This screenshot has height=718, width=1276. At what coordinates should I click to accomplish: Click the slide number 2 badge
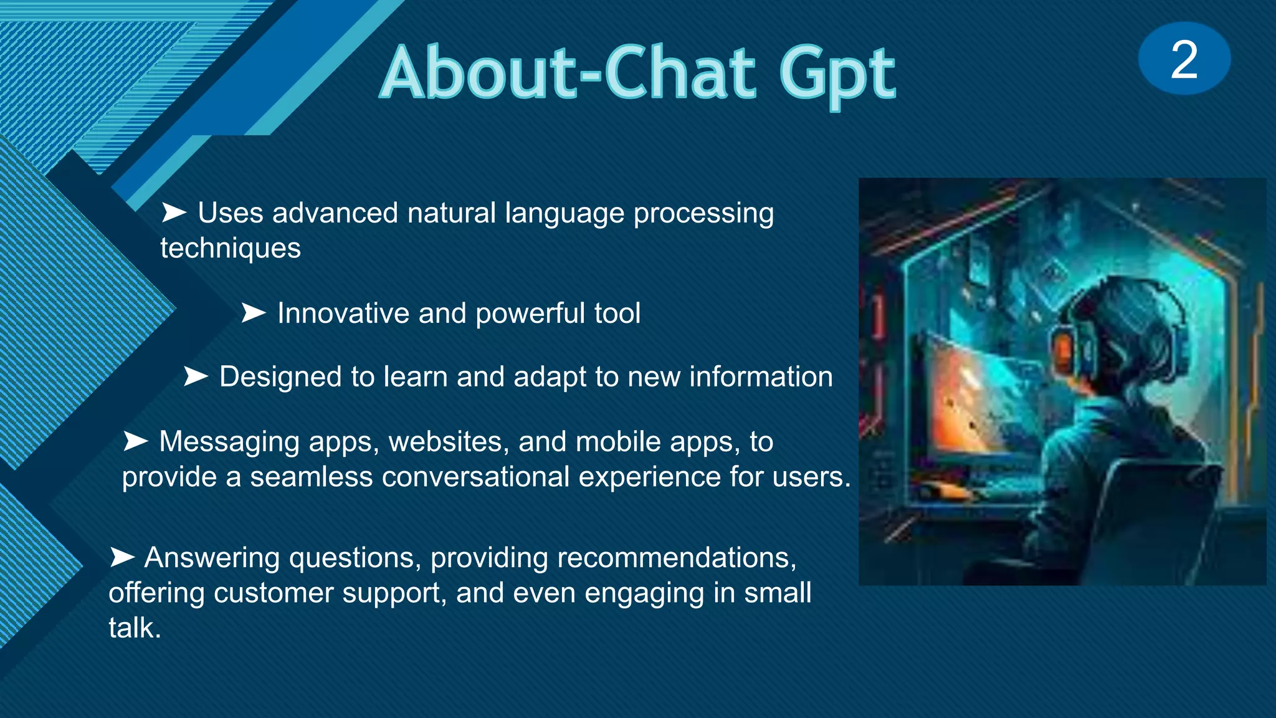point(1184,59)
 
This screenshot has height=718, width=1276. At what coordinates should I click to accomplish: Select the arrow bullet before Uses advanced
point(174,213)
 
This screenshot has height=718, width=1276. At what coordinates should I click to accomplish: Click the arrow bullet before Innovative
point(254,313)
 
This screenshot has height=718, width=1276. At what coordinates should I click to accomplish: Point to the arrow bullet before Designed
point(196,376)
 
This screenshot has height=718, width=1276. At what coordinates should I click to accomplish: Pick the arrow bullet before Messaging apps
point(135,441)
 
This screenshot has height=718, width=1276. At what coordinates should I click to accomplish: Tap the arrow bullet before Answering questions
point(121,557)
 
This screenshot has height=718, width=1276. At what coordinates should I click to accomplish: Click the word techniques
point(231,249)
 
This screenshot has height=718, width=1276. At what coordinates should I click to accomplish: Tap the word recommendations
point(676,558)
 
